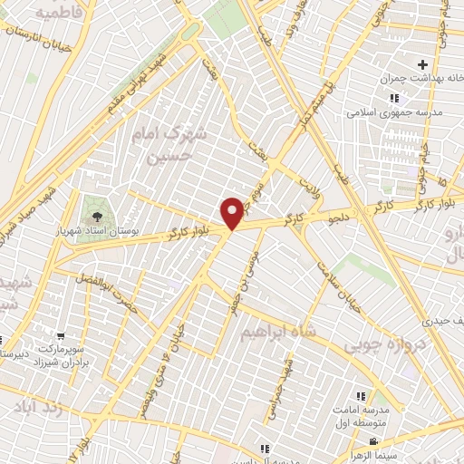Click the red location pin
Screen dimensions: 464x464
[x=233, y=213]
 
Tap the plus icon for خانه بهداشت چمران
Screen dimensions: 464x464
[x=422, y=64]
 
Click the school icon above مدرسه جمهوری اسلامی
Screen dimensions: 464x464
[x=393, y=98]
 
